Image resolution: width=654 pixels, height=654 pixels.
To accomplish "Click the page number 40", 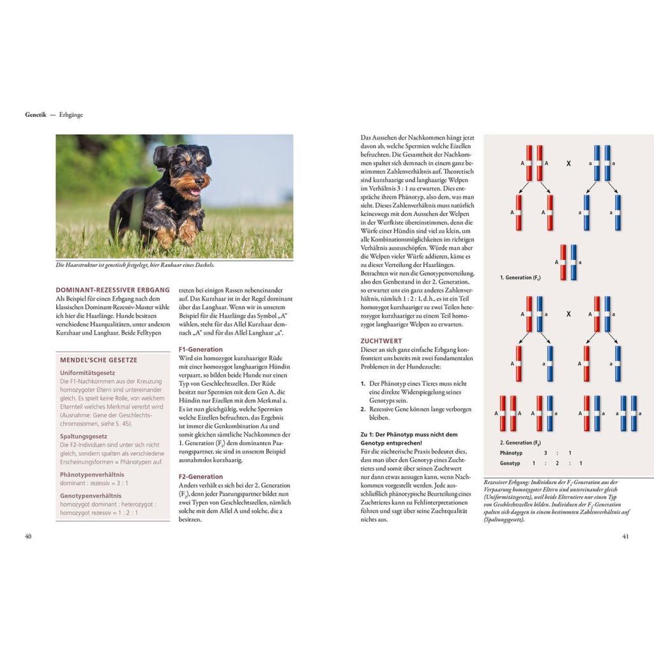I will tap(28, 536).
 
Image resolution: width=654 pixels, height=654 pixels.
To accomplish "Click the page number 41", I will tap(625, 536).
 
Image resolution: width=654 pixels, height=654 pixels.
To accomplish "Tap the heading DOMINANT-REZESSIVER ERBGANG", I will tap(112, 289).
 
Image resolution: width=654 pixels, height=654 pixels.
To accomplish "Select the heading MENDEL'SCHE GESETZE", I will tap(98, 360).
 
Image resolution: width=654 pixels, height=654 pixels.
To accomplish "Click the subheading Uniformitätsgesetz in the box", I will tap(87, 372).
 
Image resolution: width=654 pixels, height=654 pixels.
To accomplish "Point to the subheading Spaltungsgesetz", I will tap(84, 436).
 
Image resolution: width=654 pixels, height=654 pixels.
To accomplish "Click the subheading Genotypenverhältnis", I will tap(91, 495).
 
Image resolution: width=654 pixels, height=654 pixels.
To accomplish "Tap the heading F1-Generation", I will tap(201, 349).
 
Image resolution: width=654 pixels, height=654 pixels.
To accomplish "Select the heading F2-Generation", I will tap(201, 476).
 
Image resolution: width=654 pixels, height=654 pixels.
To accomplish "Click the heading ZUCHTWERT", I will tap(381, 341).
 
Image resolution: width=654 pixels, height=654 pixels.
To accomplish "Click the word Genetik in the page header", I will tap(36, 115).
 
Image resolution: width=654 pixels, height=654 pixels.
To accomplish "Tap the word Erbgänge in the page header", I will tap(71, 115).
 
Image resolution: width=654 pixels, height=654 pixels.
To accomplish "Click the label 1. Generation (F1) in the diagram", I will tap(521, 278).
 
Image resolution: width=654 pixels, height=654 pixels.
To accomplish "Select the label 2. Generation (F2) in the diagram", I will tap(521, 442).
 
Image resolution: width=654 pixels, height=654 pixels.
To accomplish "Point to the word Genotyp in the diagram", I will tap(510, 463).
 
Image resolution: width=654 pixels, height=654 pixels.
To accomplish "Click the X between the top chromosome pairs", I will tap(568, 163).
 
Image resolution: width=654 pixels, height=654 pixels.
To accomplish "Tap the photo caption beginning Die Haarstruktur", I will tap(135, 265).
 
